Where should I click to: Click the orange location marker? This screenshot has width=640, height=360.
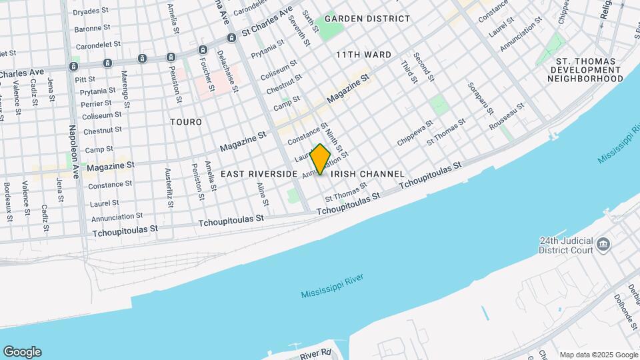[321, 159]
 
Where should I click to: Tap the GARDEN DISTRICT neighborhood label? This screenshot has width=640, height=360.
[367, 19]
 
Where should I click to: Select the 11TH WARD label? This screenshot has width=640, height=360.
[363, 54]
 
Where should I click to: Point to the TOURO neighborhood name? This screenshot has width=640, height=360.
[186, 123]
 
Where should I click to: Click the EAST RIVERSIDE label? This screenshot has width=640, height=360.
[259, 174]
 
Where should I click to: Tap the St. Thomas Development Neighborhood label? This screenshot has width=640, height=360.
[585, 69]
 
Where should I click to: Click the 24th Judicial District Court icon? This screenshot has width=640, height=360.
[603, 244]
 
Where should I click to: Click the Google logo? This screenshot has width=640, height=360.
[22, 351]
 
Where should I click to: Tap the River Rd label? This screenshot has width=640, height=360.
[315, 353]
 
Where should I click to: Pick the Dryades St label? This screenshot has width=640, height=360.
[91, 11]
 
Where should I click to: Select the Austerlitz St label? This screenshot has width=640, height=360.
[168, 185]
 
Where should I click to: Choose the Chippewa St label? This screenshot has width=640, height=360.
[415, 133]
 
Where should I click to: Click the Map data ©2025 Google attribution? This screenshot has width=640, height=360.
[598, 355]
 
